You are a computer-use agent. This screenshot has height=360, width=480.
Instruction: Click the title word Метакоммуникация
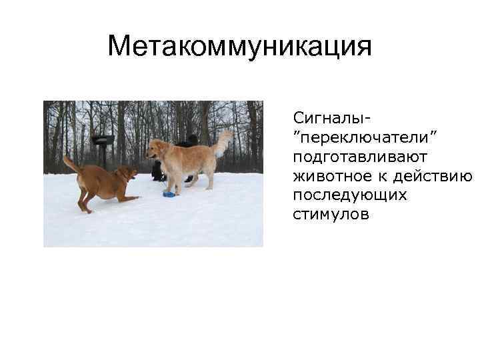pyautogui.click(x=239, y=47)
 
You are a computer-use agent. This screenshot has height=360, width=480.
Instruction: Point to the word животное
pyautogui.click(x=329, y=176)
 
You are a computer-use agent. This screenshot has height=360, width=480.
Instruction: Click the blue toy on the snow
pyautogui.click(x=169, y=194)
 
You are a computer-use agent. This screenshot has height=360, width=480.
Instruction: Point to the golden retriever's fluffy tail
pyautogui.click(x=223, y=141)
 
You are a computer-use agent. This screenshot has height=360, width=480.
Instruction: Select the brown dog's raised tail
pyautogui.click(x=71, y=163)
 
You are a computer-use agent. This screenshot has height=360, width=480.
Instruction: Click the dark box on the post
pyautogui.click(x=103, y=140)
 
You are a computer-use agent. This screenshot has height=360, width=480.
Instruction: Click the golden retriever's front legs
pyautogui.click(x=169, y=181)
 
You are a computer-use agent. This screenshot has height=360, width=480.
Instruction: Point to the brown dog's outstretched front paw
pyautogui.click(x=133, y=198)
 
